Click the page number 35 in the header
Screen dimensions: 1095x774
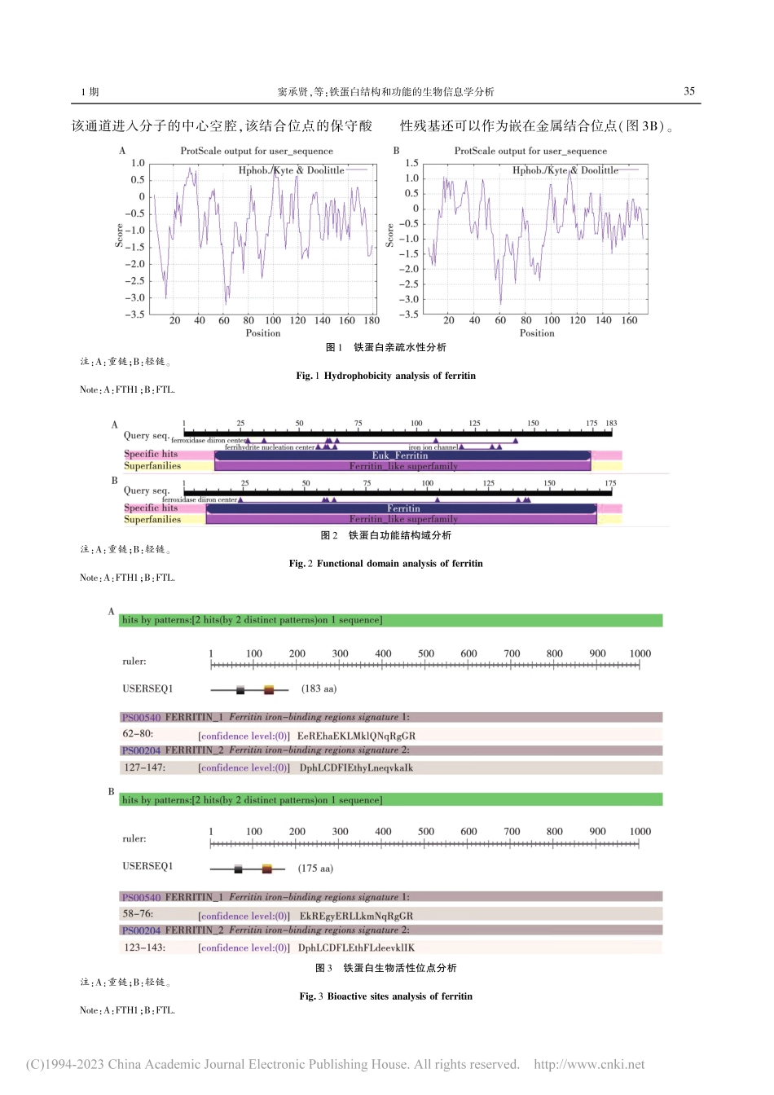coord(688,91)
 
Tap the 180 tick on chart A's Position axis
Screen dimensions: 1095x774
coord(372,320)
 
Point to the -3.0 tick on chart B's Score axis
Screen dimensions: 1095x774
coord(410,299)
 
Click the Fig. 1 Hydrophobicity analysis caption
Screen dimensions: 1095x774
coord(385,376)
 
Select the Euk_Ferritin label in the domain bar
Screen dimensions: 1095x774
coord(399,455)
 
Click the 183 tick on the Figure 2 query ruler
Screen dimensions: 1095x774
coord(611,423)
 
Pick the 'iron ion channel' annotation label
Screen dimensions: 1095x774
coord(433,446)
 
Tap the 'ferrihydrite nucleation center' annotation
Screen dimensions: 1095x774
coord(269,447)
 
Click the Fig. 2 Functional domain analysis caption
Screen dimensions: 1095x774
coord(385,563)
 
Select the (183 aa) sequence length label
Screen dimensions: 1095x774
coord(319,688)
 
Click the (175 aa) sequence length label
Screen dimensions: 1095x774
coord(314,868)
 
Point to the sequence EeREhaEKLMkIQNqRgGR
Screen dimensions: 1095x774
coord(356,736)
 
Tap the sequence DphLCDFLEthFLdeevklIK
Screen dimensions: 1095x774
coord(356,948)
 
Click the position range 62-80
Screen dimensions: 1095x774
coord(138,734)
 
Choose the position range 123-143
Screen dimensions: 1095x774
coord(144,947)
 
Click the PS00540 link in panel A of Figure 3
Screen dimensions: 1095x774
coord(141,718)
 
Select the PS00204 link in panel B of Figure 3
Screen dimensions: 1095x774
coord(141,930)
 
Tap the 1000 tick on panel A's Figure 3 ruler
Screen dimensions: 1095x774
coord(640,653)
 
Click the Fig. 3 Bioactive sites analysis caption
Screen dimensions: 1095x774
coord(385,996)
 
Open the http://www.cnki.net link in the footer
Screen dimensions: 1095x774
coord(588,1064)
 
